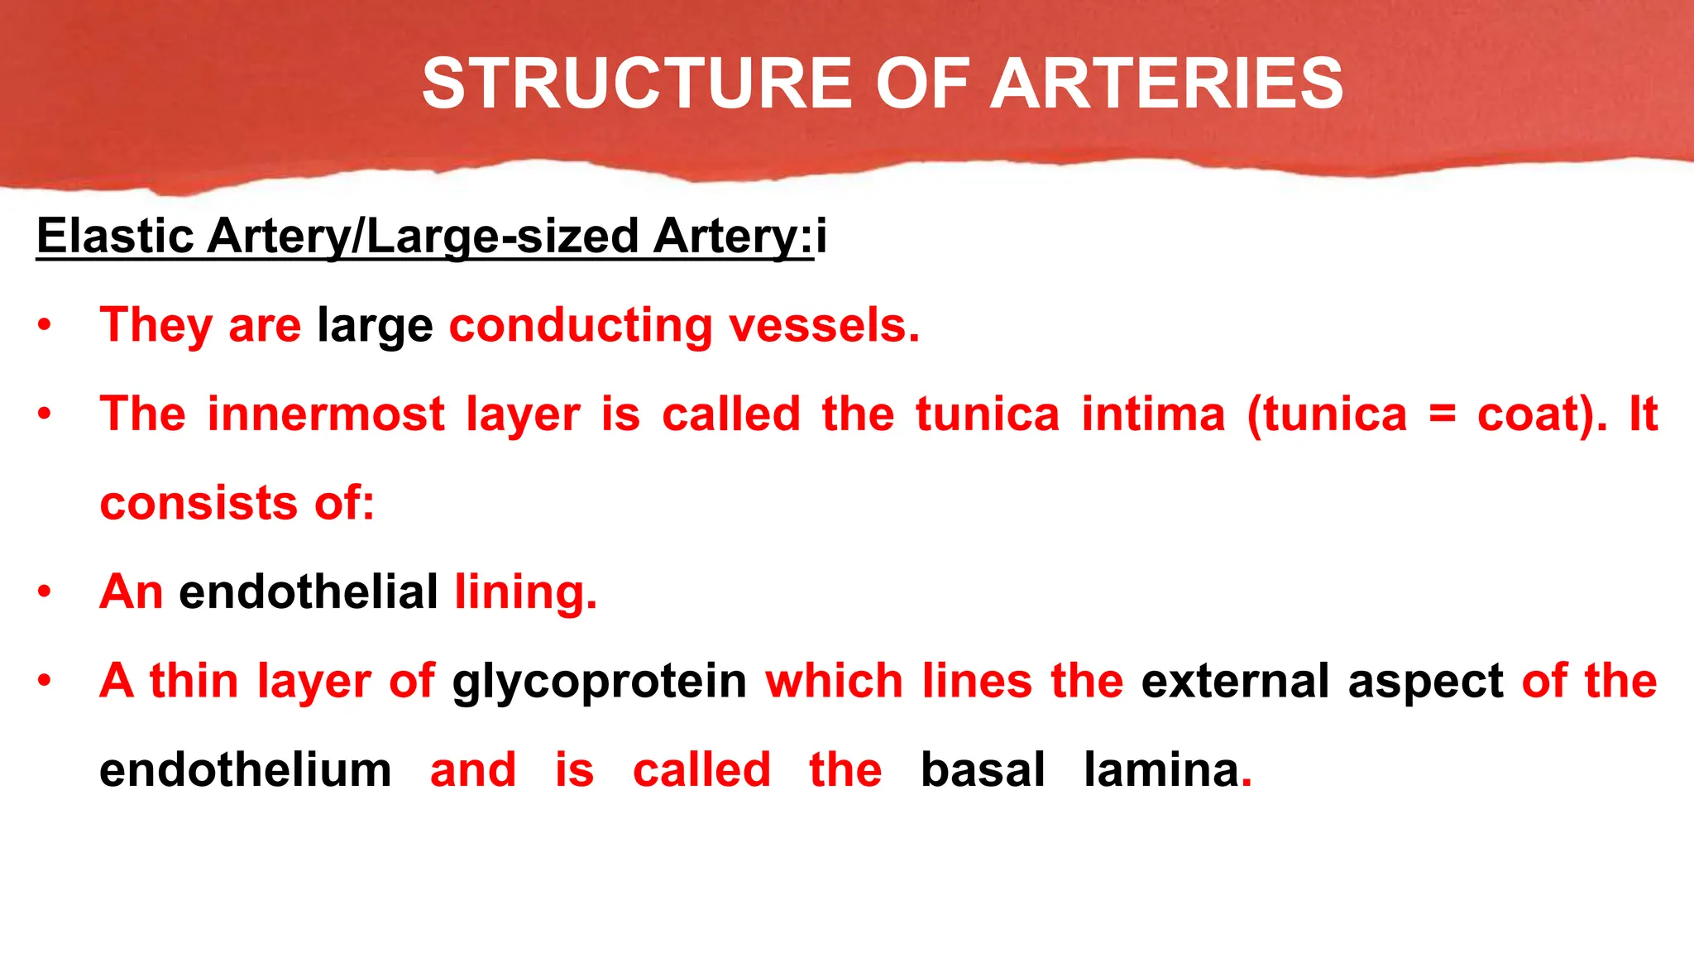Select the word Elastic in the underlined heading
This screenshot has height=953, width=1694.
click(115, 236)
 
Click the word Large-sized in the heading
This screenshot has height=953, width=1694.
click(502, 236)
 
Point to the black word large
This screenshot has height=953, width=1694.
click(375, 325)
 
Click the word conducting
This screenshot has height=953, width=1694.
click(581, 325)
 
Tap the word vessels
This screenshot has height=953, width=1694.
click(824, 325)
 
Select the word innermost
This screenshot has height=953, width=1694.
click(326, 414)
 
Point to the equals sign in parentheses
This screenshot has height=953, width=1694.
click(1442, 415)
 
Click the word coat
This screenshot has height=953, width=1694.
click(1532, 414)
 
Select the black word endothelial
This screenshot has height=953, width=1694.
click(309, 592)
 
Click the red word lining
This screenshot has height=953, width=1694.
click(525, 592)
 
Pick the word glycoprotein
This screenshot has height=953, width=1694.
click(599, 682)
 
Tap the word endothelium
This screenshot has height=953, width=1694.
click(245, 770)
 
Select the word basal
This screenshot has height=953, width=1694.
click(983, 770)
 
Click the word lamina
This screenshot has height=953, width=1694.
click(1161, 770)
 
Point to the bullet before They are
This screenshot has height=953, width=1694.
click(45, 325)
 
